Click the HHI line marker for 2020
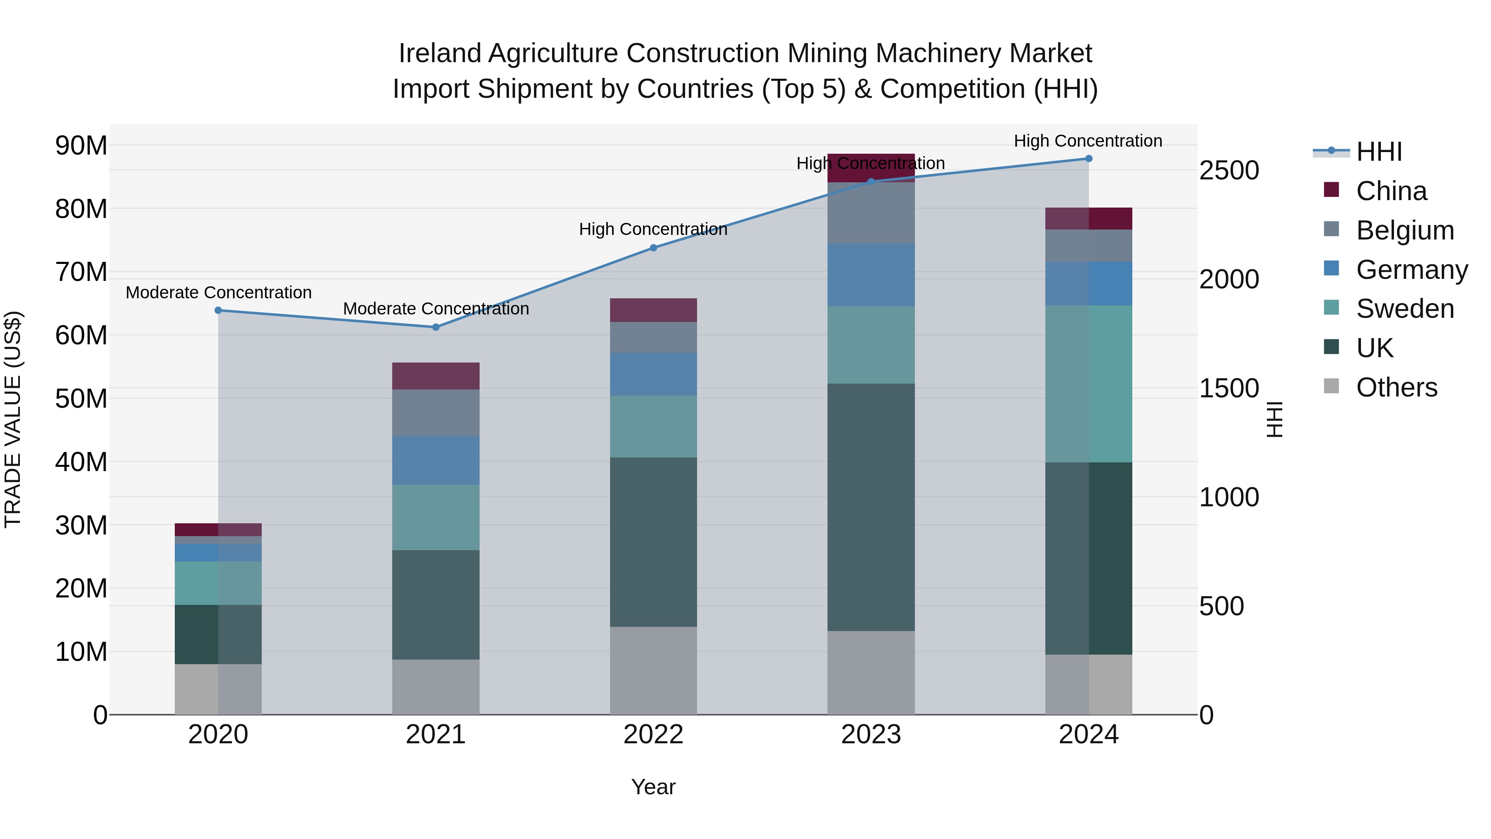coord(218,310)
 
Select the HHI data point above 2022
coord(654,248)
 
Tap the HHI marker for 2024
coord(1089,159)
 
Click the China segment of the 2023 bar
coord(871,168)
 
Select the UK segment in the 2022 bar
coord(654,542)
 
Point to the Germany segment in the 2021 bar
coord(436,460)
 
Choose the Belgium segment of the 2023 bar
coord(871,213)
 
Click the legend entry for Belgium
coord(1405,230)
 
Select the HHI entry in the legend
coord(1379,152)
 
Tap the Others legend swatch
coord(1331,386)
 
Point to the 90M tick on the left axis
coord(81,145)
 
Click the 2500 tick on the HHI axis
coord(1229,170)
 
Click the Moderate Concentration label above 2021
coord(436,309)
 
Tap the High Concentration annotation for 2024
coord(1088,141)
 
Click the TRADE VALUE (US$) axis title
coord(13,419)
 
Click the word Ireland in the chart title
coord(440,53)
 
